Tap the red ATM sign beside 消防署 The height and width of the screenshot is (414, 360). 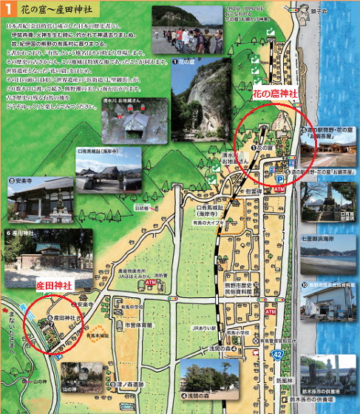pos(150,282)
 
